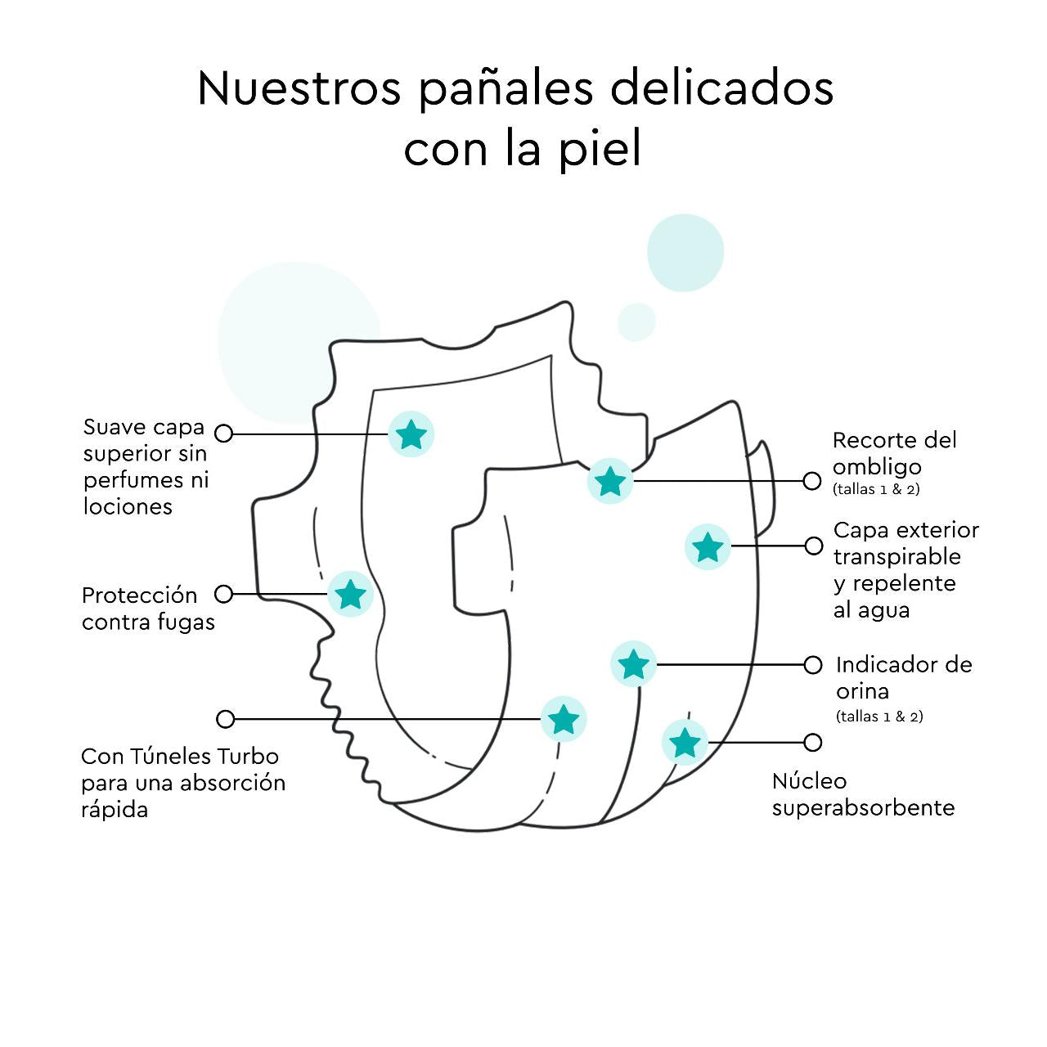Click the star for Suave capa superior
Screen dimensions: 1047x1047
tap(411, 434)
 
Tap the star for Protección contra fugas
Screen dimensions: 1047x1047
tap(351, 594)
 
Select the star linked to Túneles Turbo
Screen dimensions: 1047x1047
tap(564, 719)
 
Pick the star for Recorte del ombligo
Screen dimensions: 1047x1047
tap(610, 481)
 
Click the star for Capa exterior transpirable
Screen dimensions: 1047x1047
tap(708, 546)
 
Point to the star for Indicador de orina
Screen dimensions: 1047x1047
tap(633, 664)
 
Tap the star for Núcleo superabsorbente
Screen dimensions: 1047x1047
tap(685, 743)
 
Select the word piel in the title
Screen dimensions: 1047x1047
tap(600, 150)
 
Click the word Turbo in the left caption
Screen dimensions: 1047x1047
tap(248, 756)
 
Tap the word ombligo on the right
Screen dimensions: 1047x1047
tap(877, 467)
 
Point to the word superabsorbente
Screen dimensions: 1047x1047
tap(863, 808)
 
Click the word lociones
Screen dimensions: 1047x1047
tap(128, 506)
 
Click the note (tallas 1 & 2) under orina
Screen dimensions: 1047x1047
tap(879, 717)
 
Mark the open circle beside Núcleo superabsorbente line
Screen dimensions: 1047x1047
tap(812, 743)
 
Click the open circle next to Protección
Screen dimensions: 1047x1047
tap(224, 594)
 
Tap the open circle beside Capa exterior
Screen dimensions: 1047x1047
tap(813, 546)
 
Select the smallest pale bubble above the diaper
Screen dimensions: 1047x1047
tap(636, 321)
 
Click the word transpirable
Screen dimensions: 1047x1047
tap(896, 557)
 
